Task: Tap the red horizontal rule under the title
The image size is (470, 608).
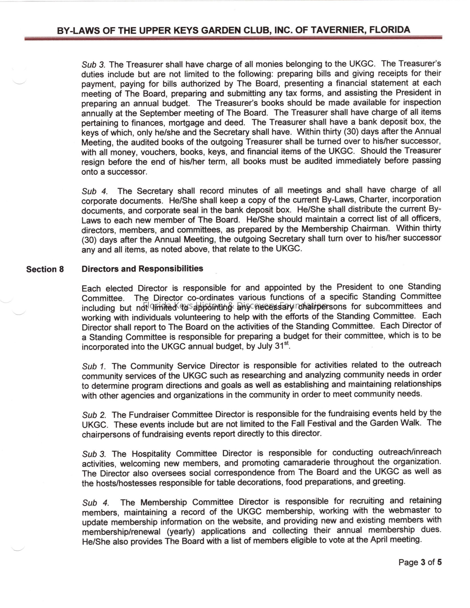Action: click(x=233, y=38)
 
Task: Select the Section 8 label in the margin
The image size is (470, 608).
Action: click(x=45, y=269)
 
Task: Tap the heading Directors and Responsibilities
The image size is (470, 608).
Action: click(x=142, y=269)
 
